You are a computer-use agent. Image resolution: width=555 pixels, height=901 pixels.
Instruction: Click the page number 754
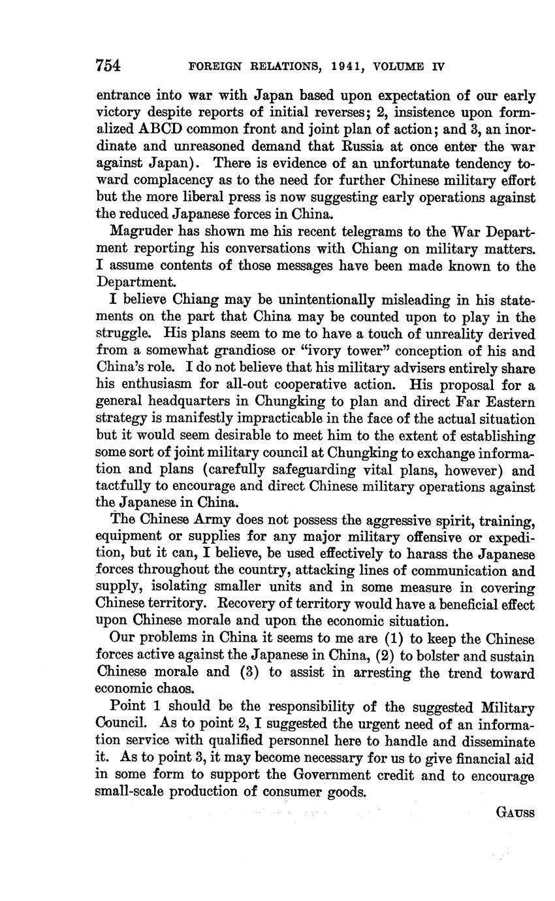click(x=108, y=65)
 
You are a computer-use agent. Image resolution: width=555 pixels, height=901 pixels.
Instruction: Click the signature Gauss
click(x=515, y=813)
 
